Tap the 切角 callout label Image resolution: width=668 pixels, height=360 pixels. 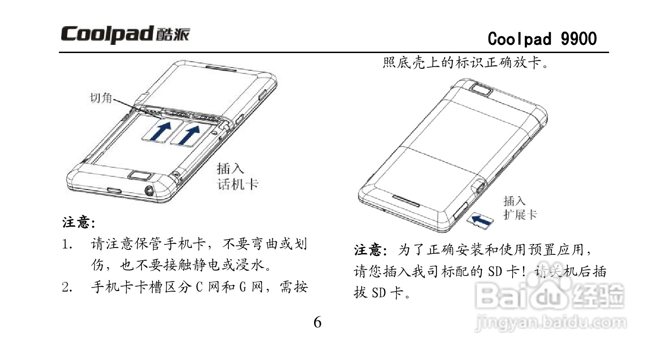click(101, 97)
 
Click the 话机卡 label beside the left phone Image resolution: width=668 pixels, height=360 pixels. click(238, 184)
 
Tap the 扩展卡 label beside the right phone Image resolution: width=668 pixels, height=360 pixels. click(520, 214)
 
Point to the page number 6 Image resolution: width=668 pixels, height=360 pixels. click(317, 322)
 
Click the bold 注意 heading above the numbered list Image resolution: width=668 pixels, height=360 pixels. click(78, 224)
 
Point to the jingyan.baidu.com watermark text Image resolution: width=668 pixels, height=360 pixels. click(551, 323)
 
